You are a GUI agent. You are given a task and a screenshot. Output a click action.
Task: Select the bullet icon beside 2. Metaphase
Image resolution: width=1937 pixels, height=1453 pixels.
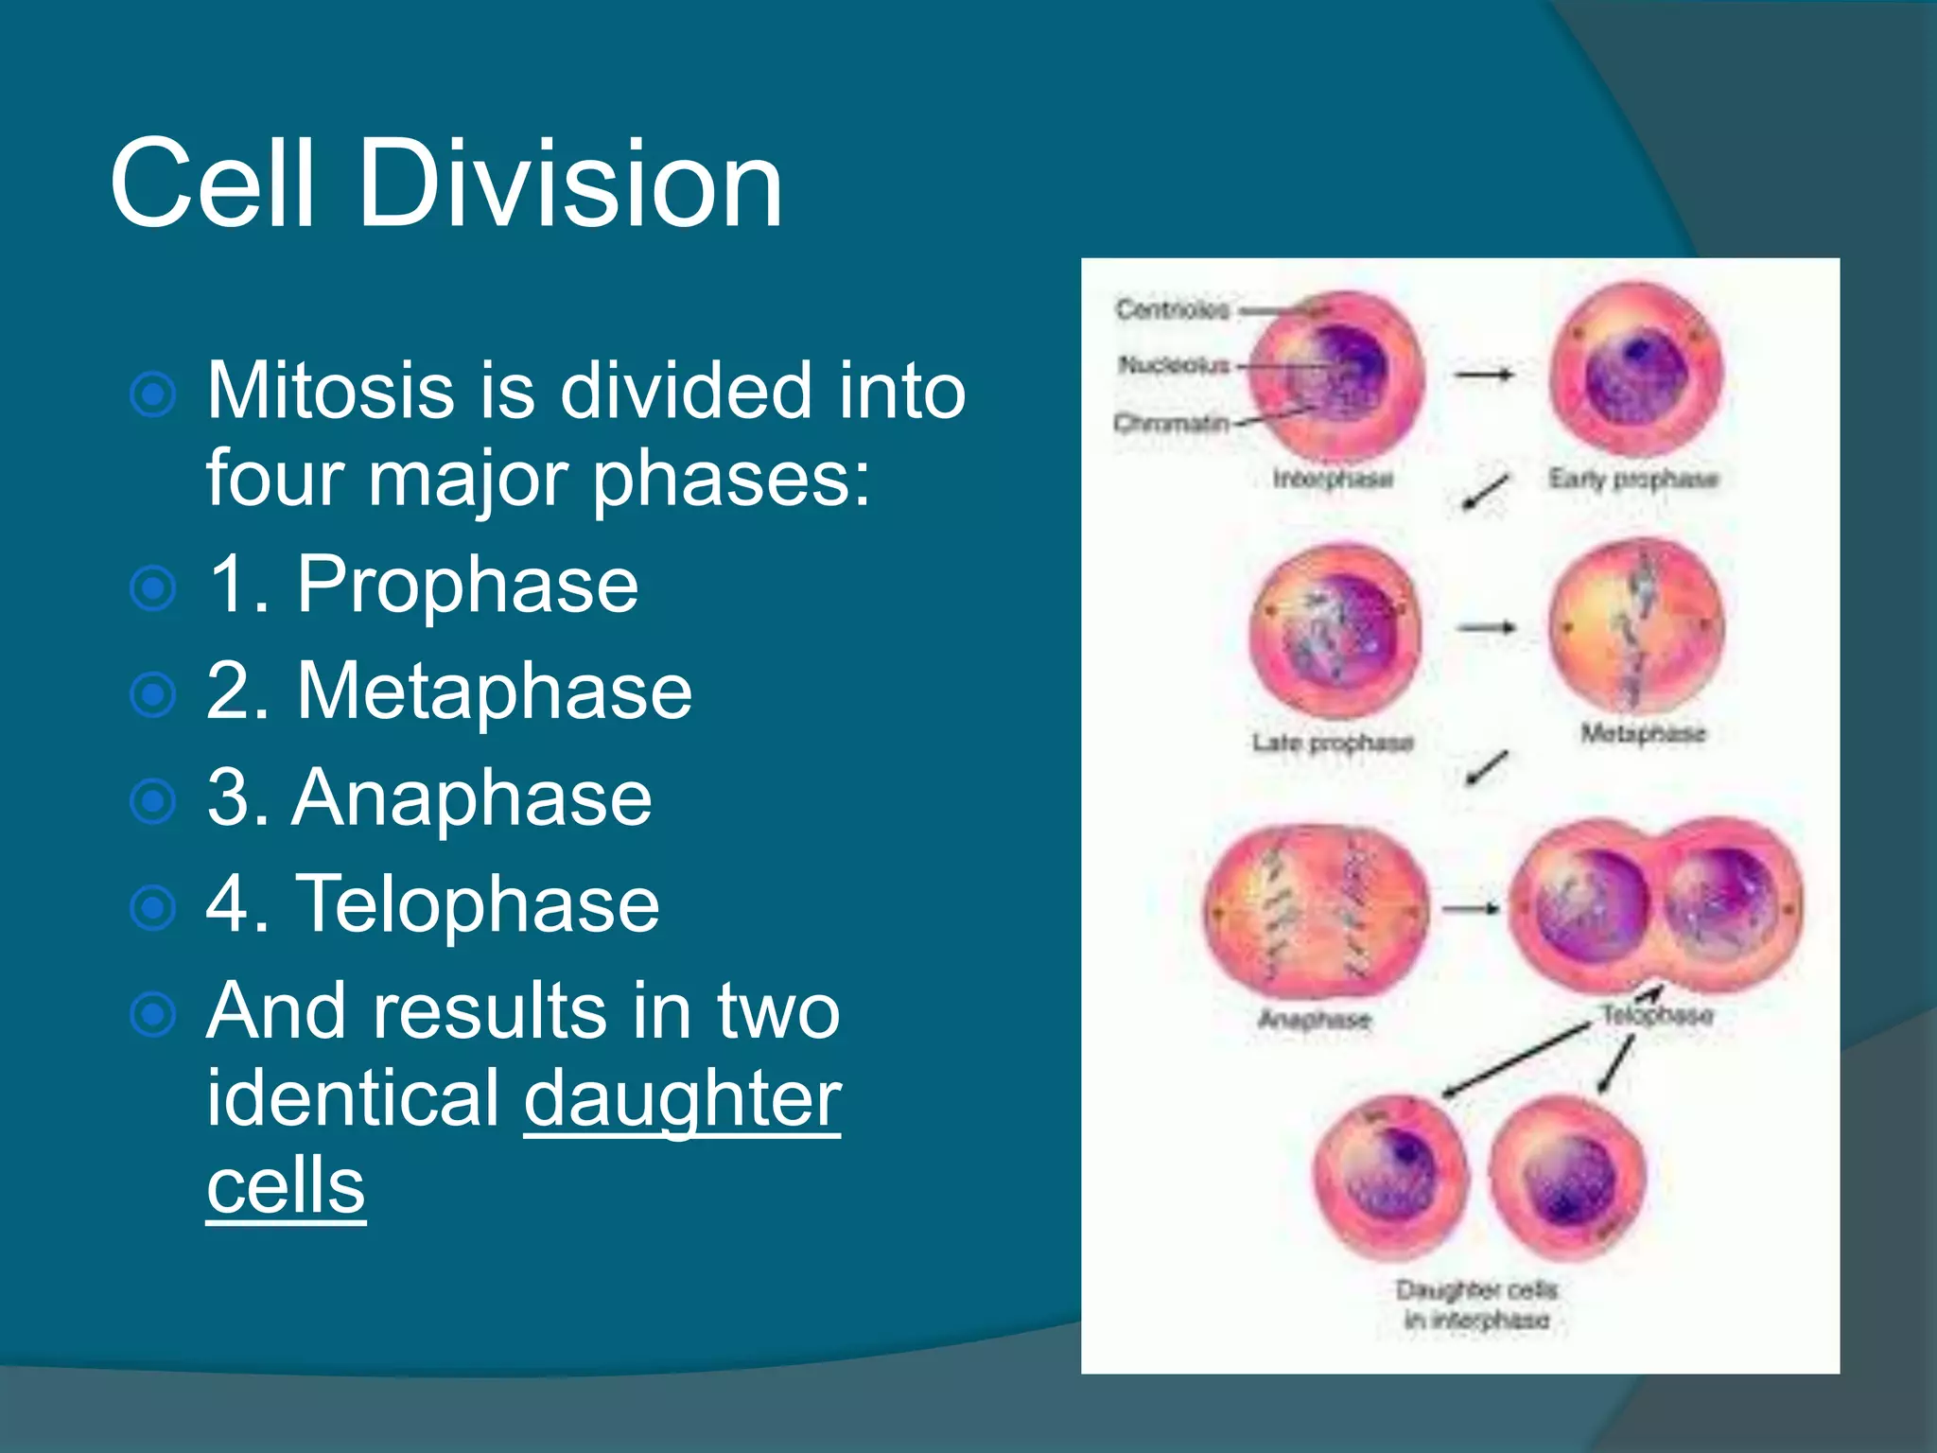pos(153,695)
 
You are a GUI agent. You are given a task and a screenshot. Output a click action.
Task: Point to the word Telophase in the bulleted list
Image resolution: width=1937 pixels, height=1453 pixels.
pos(478,904)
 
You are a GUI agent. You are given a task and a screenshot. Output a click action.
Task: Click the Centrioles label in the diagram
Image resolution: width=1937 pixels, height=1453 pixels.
pos(1172,309)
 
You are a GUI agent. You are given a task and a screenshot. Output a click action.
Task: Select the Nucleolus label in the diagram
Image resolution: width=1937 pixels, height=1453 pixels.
pos(1174,364)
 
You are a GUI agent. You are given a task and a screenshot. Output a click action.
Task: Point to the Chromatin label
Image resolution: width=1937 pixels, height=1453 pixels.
pos(1171,422)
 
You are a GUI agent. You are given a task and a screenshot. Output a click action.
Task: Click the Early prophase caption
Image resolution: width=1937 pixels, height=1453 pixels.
pos(1632,479)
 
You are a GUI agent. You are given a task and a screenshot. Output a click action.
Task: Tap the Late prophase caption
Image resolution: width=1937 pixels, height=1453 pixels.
pos(1333,743)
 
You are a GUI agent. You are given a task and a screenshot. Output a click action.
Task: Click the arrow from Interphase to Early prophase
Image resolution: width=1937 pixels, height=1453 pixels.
pos(1484,375)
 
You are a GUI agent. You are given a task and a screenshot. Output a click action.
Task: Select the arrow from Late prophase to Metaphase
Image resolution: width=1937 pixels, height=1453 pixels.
pos(1487,627)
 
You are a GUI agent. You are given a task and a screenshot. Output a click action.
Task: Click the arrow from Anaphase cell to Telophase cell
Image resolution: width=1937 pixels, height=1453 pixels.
pos(1471,909)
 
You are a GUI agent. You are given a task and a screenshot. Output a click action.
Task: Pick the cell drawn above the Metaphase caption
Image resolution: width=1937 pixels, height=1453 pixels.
pos(1637,627)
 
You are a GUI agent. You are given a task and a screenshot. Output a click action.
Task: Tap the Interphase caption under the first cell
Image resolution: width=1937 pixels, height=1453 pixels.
pos(1333,479)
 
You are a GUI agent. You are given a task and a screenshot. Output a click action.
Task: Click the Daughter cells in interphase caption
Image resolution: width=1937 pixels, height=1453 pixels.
pos(1476,1304)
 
